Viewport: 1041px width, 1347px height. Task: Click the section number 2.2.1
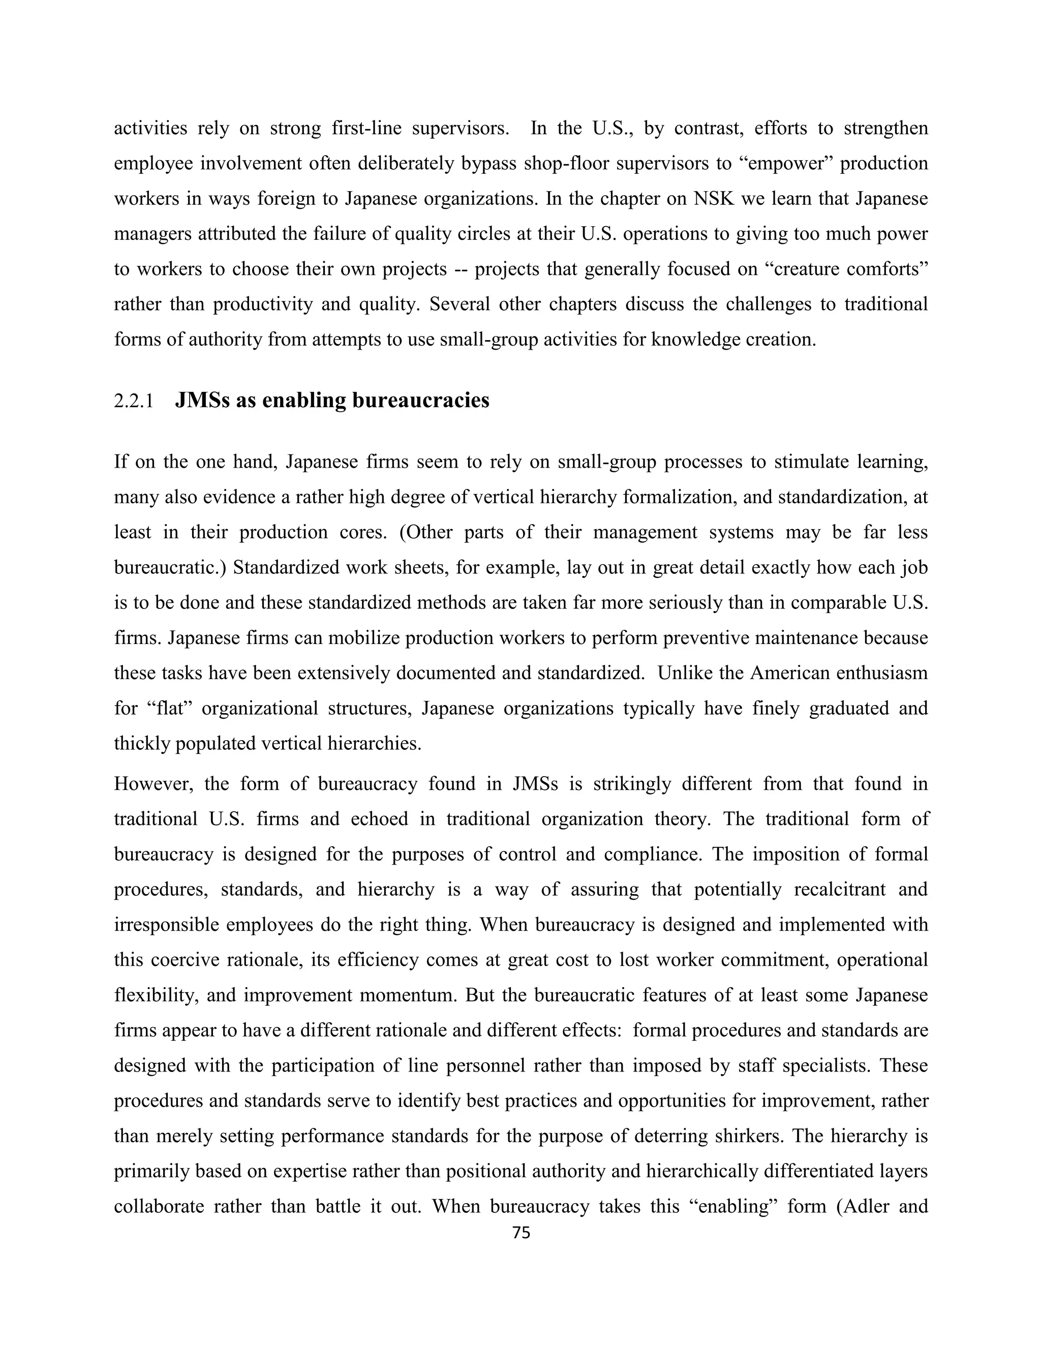coord(133,402)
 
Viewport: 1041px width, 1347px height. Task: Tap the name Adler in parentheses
coord(864,1206)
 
